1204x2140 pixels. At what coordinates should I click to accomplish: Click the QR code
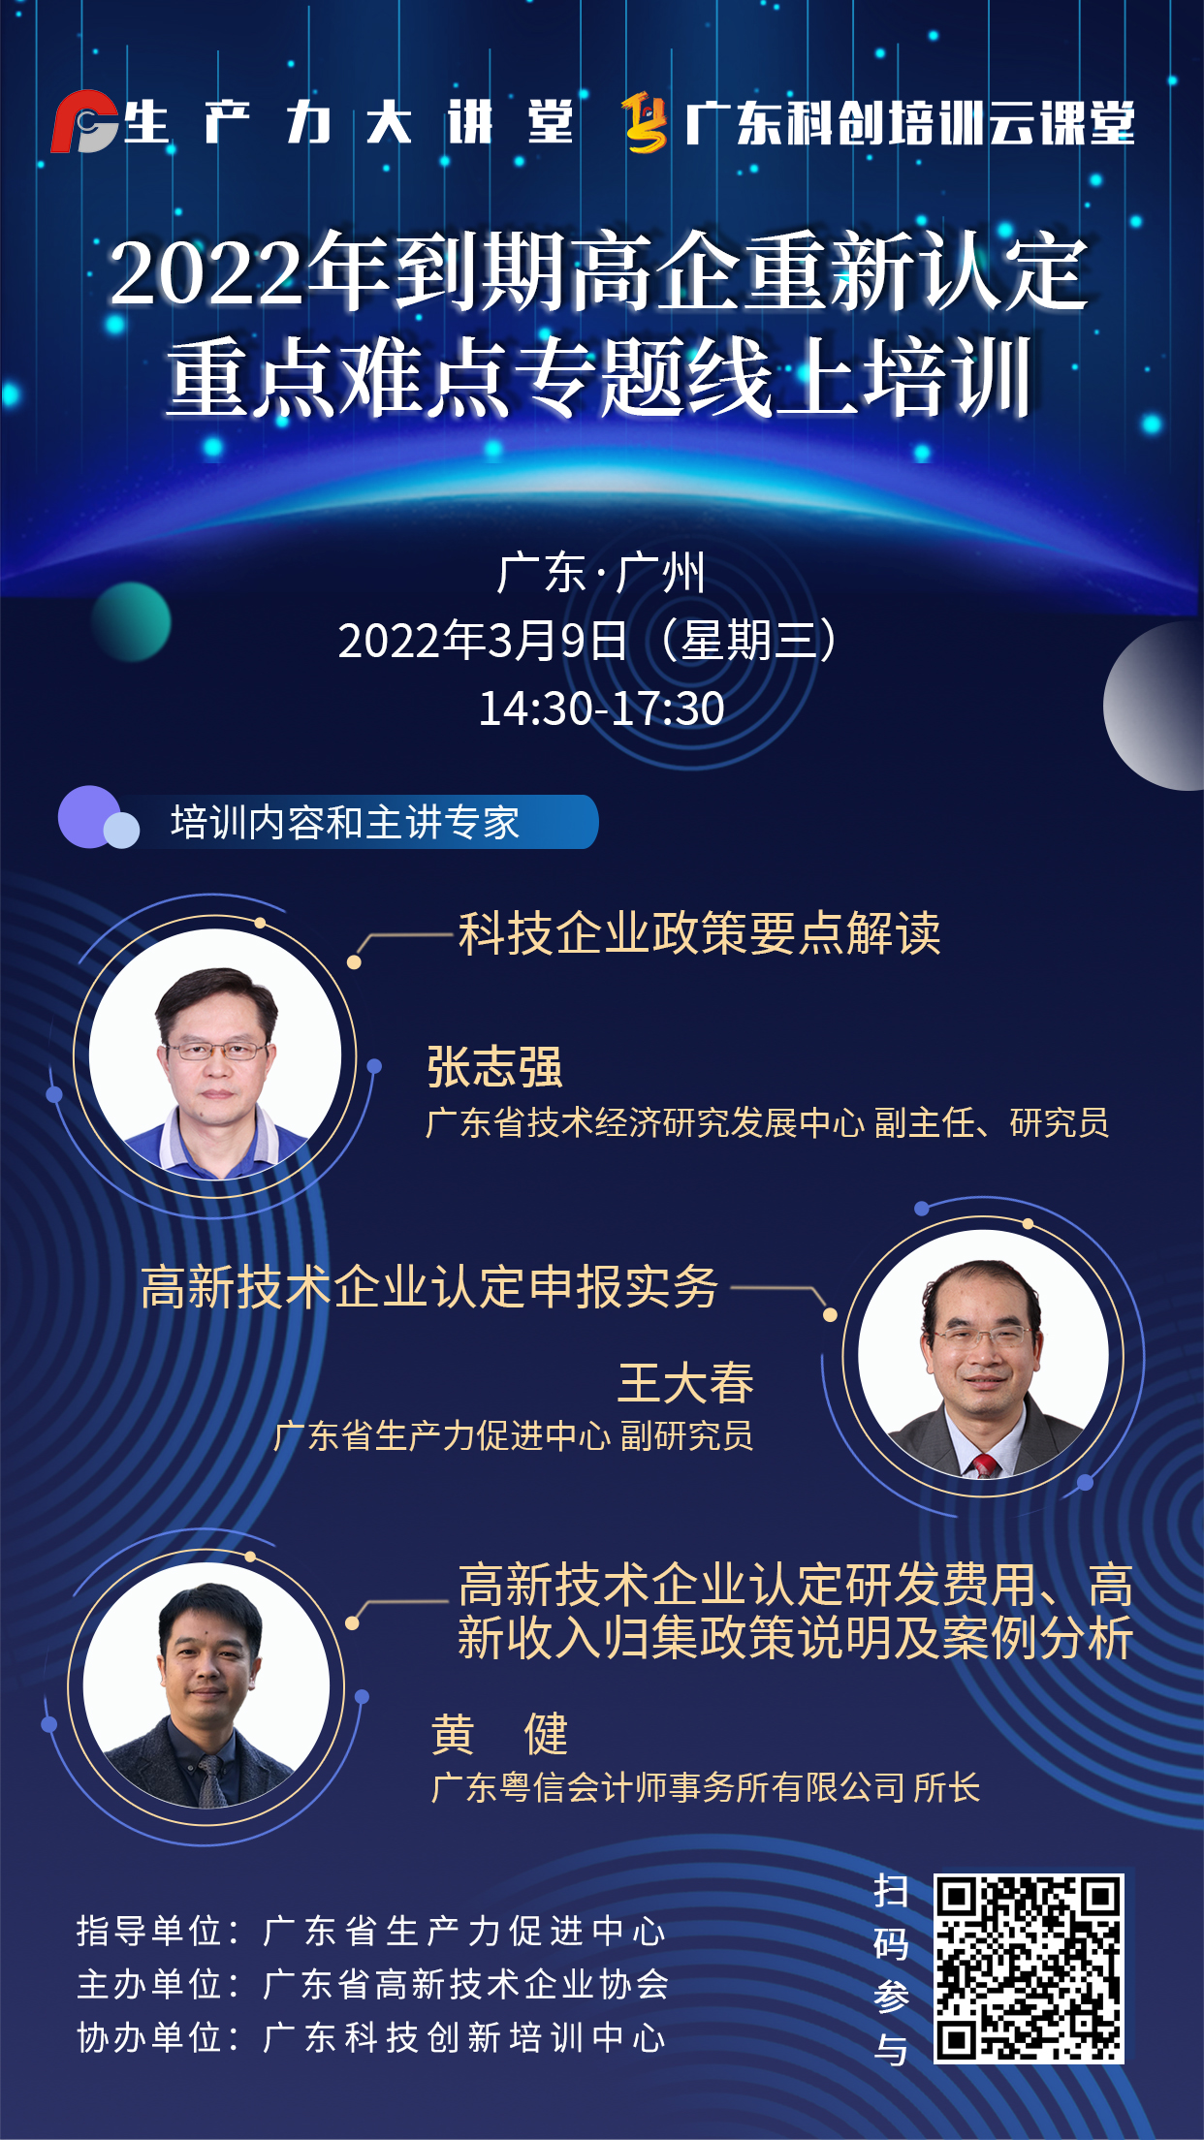1029,1968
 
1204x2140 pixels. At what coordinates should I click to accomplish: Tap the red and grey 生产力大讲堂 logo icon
84,122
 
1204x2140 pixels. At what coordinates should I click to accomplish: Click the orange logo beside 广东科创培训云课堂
645,122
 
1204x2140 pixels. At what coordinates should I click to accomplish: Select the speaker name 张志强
494,1067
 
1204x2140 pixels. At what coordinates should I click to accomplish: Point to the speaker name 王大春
685,1383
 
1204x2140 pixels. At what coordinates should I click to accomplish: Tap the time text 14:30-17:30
602,708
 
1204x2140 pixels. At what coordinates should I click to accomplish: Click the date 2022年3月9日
483,641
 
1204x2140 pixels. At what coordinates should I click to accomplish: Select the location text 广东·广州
601,573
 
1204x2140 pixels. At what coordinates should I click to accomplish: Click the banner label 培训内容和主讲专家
345,823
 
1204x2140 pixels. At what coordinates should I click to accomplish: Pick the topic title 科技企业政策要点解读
700,933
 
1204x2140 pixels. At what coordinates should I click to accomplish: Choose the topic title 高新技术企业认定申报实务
429,1288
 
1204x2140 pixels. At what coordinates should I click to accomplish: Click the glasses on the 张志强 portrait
216,1051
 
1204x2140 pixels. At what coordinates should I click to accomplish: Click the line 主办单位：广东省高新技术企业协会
372,1984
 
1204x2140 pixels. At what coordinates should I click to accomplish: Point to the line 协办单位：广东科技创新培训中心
372,2037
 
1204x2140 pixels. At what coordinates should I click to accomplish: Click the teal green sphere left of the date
131,622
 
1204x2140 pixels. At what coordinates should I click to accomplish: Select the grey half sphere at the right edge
1155,706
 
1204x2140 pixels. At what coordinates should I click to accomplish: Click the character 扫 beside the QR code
891,1891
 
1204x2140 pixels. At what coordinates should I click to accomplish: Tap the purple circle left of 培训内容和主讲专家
89,816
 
